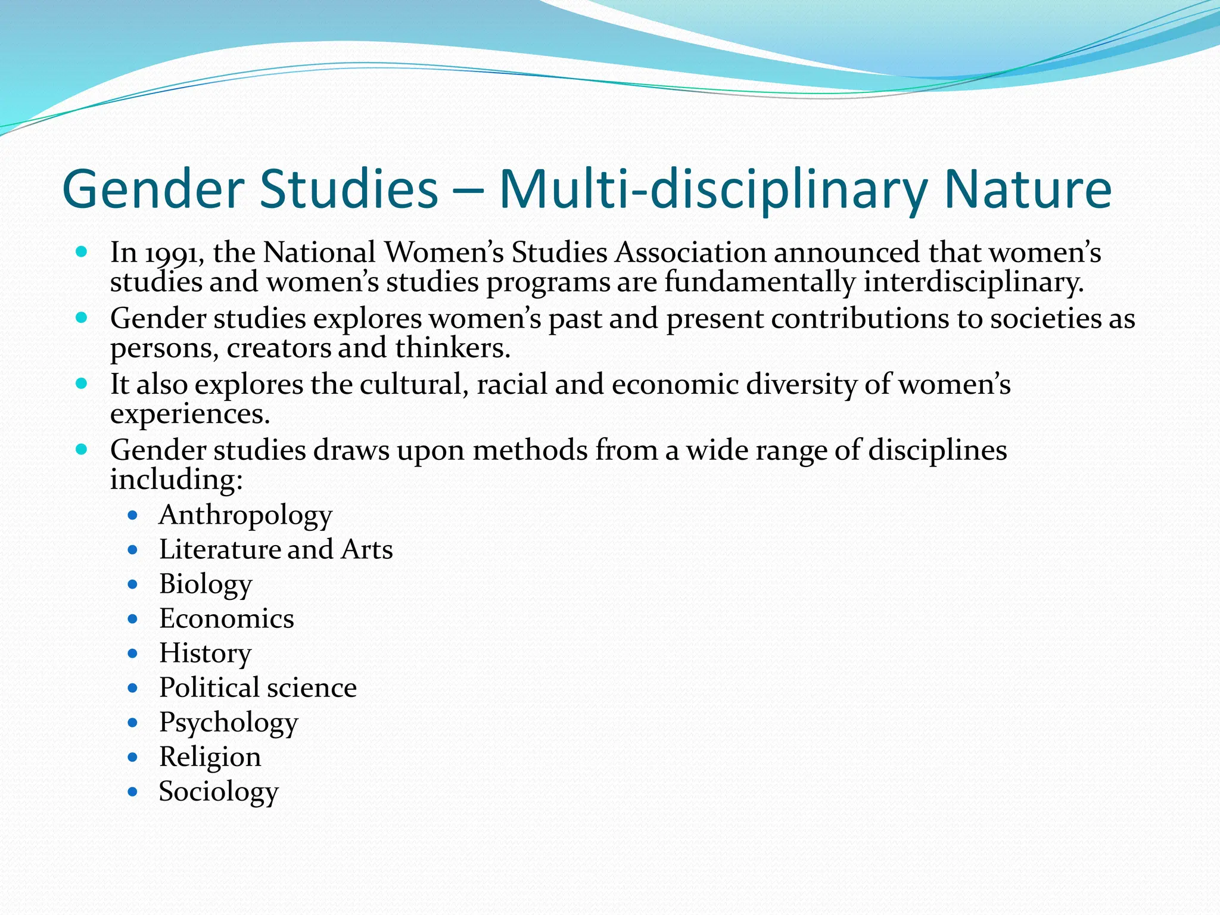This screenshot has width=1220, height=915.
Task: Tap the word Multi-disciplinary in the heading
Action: (x=712, y=189)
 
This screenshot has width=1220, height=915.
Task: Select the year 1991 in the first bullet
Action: (x=171, y=253)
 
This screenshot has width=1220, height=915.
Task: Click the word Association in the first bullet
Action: (x=690, y=252)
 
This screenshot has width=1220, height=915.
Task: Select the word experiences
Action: (x=190, y=414)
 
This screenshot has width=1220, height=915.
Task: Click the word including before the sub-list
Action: (x=176, y=480)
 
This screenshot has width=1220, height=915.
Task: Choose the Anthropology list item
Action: (x=245, y=515)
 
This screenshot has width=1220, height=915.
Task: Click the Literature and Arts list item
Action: (x=276, y=550)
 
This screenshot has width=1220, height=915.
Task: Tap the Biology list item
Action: (x=206, y=584)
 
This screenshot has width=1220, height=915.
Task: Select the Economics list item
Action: (x=226, y=619)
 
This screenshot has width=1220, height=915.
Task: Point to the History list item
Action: (x=205, y=653)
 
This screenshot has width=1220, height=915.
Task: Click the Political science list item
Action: (x=258, y=688)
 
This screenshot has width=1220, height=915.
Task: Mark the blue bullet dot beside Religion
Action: (x=133, y=757)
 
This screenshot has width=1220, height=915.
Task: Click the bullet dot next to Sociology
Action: (x=133, y=792)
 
